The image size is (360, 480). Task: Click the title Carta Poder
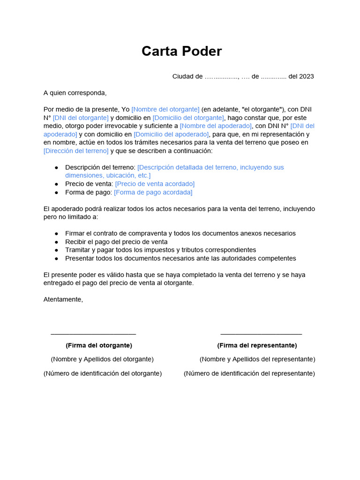click(181, 51)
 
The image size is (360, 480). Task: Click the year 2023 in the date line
click(307, 76)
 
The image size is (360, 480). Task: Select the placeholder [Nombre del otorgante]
click(165, 109)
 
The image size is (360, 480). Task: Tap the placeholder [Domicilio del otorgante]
click(188, 118)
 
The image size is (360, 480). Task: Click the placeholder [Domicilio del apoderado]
click(171, 134)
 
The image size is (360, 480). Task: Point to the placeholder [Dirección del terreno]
click(76, 150)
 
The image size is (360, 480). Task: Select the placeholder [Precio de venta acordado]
click(155, 184)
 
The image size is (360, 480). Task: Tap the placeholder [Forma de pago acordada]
click(153, 192)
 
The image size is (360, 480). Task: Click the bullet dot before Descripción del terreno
click(57, 167)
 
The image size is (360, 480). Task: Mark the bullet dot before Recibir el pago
click(57, 242)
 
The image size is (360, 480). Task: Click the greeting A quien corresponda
click(75, 93)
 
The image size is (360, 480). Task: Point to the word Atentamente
click(63, 300)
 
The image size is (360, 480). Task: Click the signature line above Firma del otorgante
click(93, 334)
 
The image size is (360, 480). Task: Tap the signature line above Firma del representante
click(261, 334)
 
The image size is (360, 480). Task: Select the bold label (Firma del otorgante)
click(99, 345)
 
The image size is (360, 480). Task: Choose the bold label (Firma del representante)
click(257, 345)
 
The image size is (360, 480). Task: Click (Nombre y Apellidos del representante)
click(257, 359)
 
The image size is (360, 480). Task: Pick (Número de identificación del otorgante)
click(103, 374)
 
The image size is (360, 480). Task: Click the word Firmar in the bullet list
click(75, 233)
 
